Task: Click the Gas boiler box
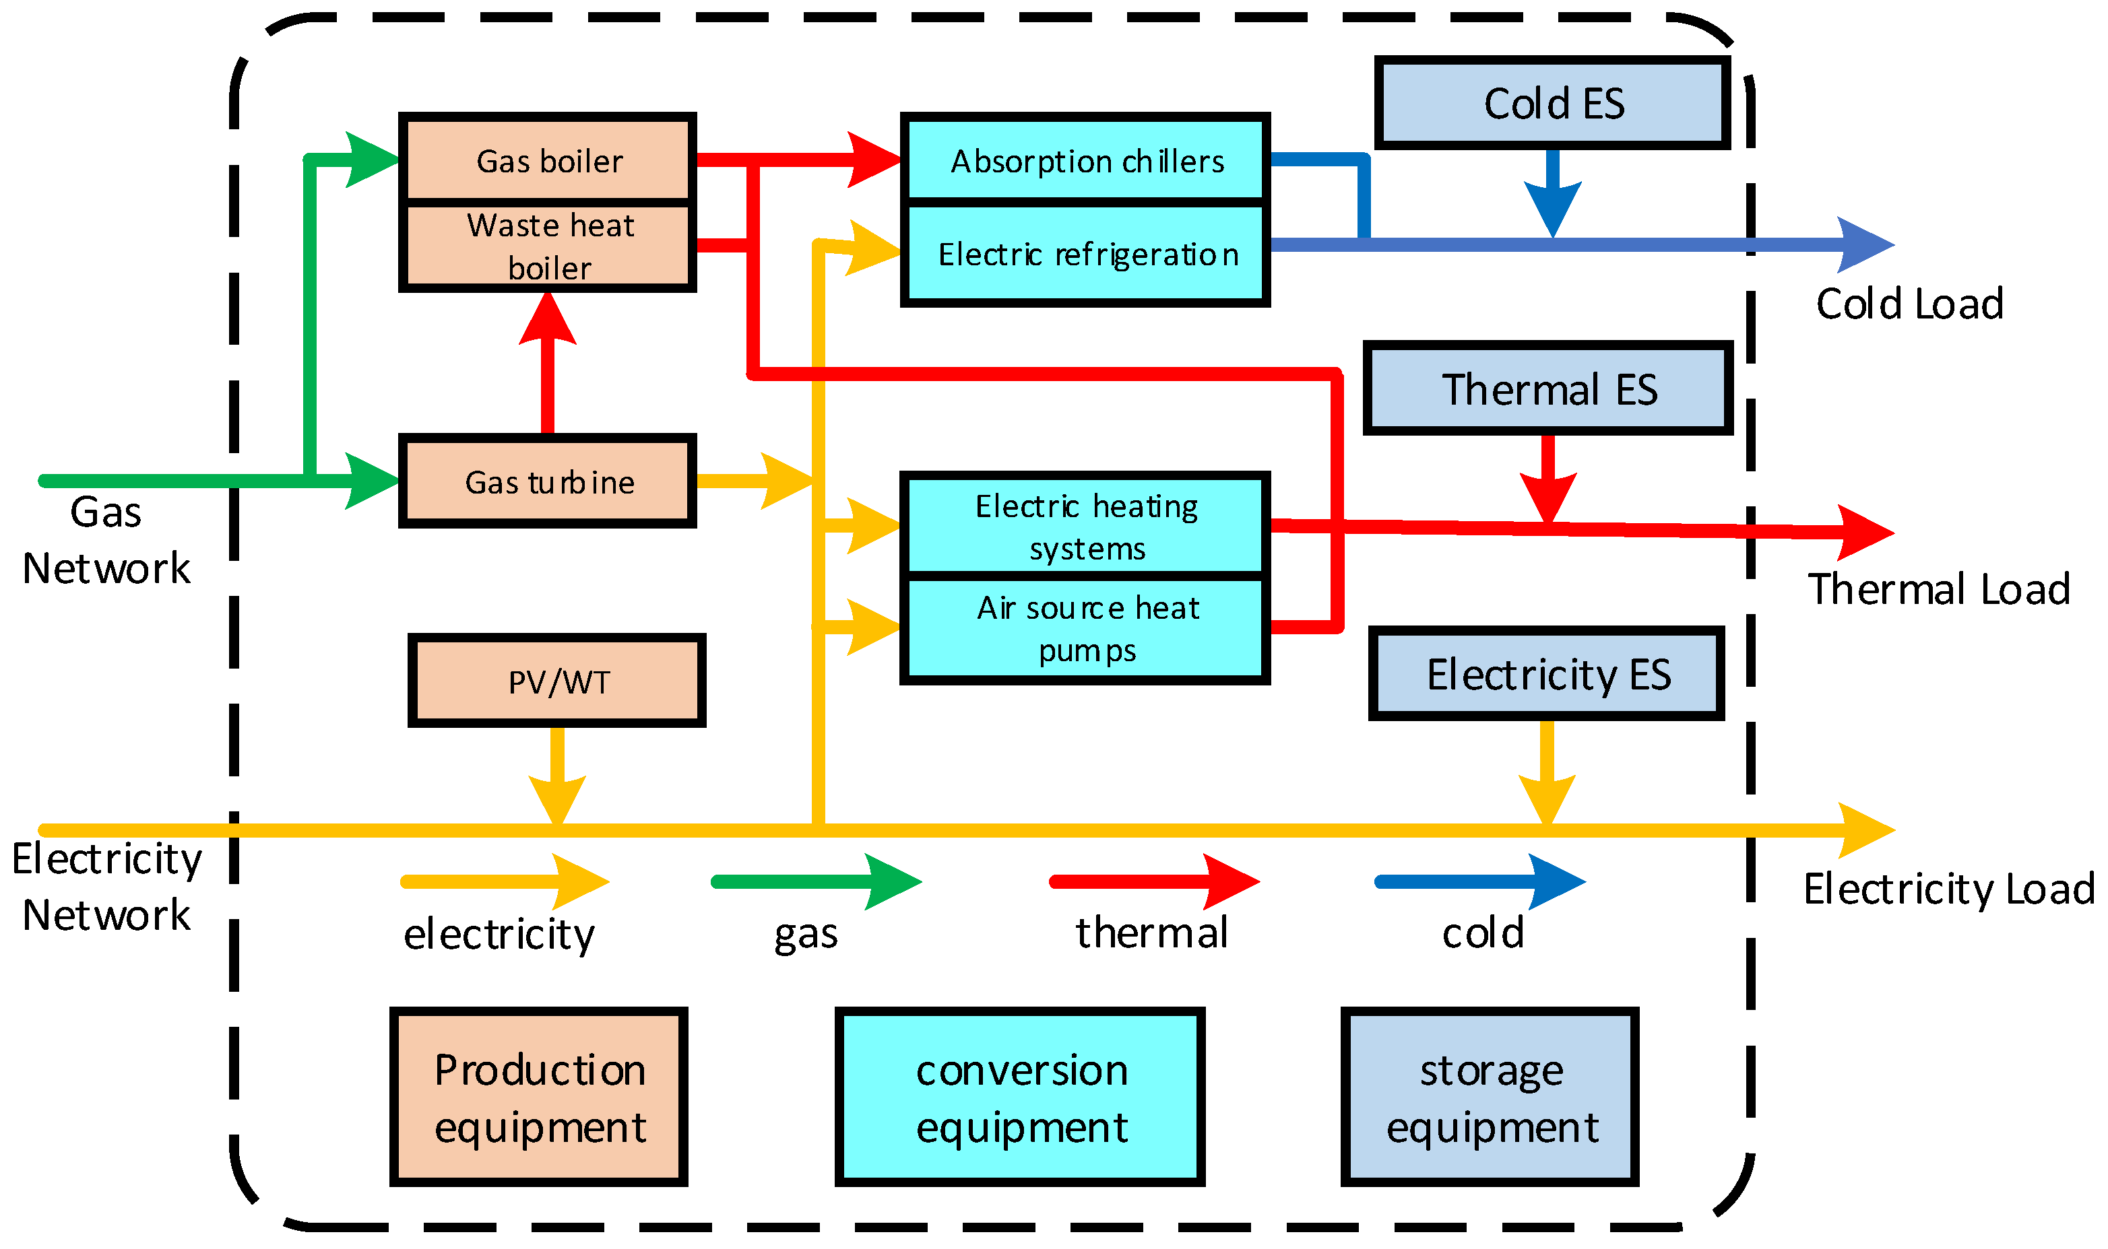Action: point(547,160)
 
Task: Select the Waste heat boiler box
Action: point(547,246)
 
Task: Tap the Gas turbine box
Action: point(547,481)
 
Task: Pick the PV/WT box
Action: point(556,681)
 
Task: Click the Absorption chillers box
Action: point(1085,160)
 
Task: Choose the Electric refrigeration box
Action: point(1085,253)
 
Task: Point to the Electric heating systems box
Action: point(1085,526)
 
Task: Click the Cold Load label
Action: point(1908,304)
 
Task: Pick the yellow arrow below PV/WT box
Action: point(556,774)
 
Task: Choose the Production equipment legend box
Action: point(539,1098)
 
